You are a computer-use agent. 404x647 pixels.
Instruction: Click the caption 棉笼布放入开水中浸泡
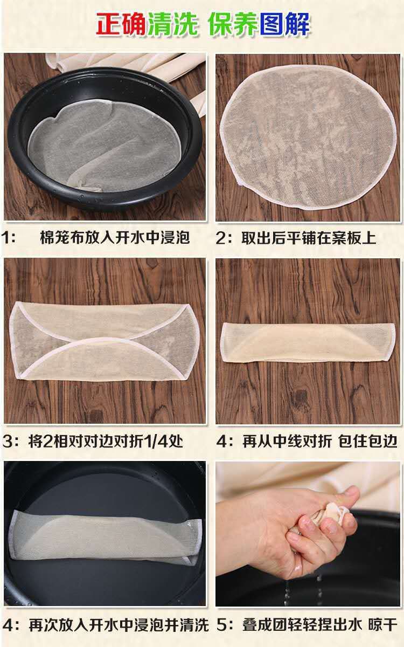(x=115, y=238)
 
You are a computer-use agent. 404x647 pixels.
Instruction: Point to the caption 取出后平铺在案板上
(x=309, y=238)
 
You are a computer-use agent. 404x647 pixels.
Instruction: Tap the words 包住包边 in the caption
(x=367, y=441)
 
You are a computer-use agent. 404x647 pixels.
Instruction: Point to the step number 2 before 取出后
(x=220, y=238)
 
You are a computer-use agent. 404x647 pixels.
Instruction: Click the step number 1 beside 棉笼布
(x=6, y=238)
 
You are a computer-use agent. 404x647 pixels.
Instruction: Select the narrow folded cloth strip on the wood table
(x=308, y=342)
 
